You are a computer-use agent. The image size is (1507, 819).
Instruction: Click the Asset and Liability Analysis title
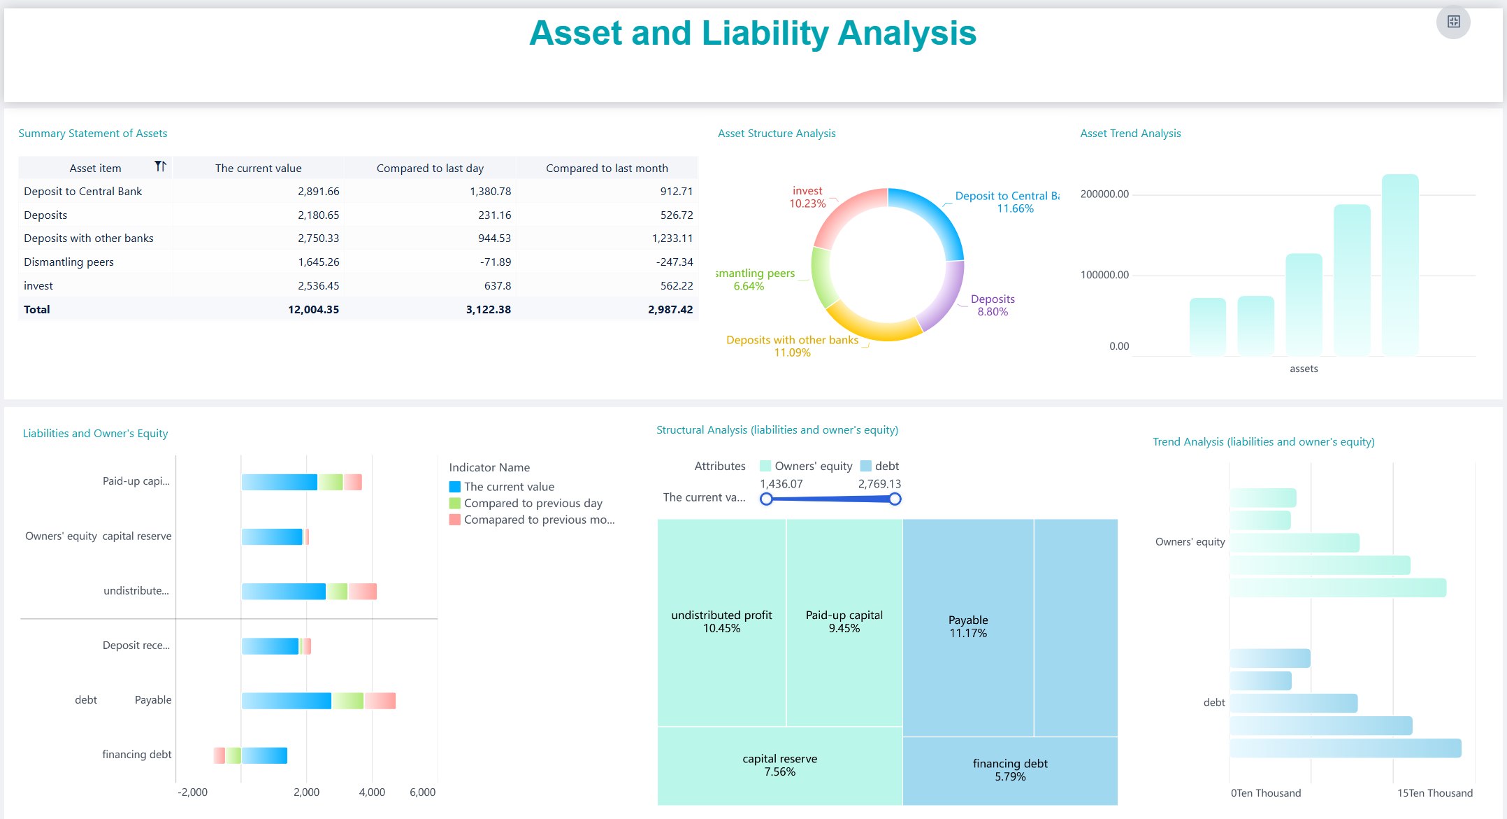(x=752, y=34)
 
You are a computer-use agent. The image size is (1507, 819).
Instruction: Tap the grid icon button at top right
(x=1453, y=22)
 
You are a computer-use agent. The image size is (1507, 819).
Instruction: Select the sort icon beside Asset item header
(x=160, y=166)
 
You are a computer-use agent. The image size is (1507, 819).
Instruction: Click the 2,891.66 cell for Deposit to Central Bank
(x=318, y=192)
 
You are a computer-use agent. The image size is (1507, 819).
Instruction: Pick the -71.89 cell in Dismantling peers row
(x=495, y=262)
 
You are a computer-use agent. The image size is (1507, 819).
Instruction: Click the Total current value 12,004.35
(x=313, y=310)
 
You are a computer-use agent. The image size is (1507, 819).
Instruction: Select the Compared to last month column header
(x=607, y=169)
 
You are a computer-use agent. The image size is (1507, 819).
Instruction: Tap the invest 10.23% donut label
(x=807, y=197)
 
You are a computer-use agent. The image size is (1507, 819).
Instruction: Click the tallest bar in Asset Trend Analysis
(x=1399, y=266)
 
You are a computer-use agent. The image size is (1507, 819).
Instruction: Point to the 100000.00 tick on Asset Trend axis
(x=1104, y=275)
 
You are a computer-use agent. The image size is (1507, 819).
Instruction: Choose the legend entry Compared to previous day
(x=533, y=504)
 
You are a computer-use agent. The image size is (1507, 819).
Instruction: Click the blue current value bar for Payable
(x=286, y=701)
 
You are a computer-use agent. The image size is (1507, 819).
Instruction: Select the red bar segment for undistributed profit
(x=363, y=592)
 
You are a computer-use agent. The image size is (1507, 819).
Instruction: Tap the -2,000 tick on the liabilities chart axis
(x=192, y=792)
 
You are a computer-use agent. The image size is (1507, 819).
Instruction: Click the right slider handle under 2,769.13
(x=895, y=499)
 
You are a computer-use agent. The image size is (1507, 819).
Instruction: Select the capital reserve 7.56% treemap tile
(x=779, y=765)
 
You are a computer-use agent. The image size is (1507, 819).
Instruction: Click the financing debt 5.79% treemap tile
(x=1009, y=770)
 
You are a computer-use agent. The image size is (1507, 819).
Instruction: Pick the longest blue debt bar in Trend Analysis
(x=1345, y=748)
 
